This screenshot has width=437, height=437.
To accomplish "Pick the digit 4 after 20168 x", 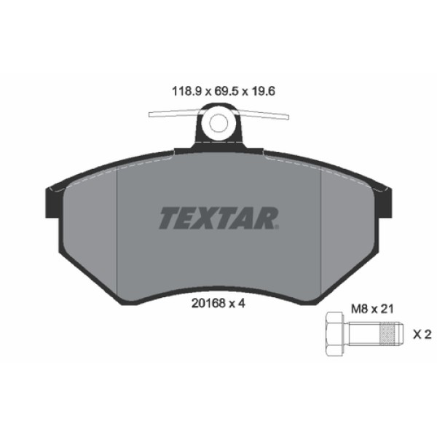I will (x=237, y=305).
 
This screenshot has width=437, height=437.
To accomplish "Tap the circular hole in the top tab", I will (x=219, y=122).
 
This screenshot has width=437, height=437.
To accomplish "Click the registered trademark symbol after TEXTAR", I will (x=278, y=227).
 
